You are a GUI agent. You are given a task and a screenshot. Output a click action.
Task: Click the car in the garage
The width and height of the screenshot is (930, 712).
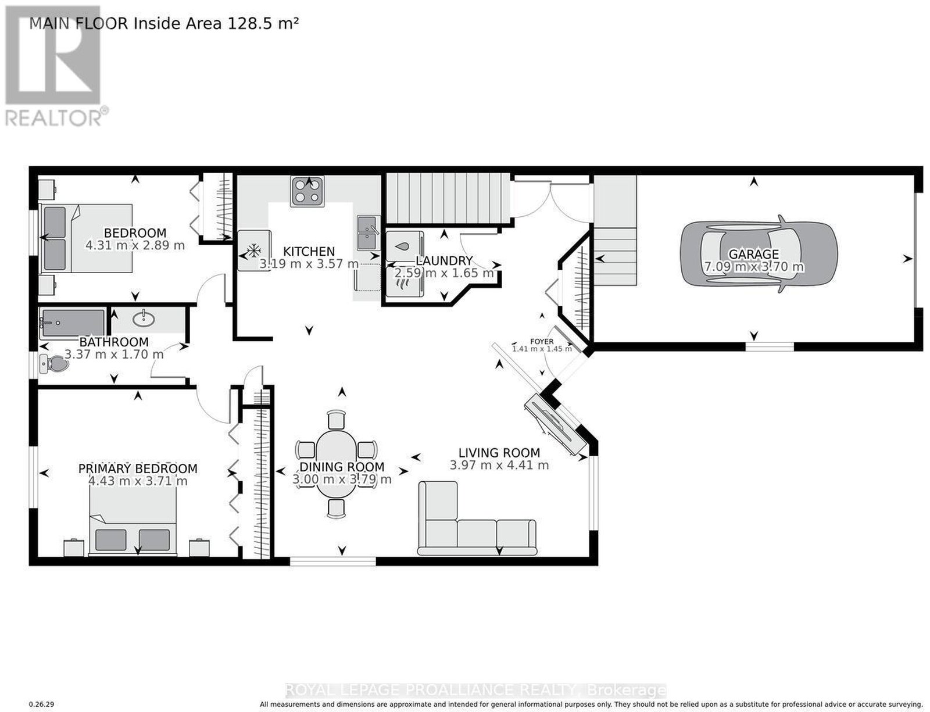759,254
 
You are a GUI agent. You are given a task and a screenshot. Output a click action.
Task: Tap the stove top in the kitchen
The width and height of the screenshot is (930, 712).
307,191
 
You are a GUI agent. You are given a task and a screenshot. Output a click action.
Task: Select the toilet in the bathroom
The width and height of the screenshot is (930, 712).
55,364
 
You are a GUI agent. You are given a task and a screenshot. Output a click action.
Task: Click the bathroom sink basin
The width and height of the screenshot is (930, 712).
144,319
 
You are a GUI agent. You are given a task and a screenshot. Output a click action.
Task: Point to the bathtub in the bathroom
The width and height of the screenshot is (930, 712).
72,323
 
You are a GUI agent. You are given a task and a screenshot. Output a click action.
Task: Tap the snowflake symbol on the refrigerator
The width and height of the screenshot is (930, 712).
254,250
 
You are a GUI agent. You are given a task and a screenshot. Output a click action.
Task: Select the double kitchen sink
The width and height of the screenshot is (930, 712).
368,232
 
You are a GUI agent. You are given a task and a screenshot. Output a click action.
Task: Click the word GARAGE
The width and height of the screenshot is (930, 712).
753,255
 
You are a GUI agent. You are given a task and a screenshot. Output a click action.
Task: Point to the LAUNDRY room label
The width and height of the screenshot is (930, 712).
444,260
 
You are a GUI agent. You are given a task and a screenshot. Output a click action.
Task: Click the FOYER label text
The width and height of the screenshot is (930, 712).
542,341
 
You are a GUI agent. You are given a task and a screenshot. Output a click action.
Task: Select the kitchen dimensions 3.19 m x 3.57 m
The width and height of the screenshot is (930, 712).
309,263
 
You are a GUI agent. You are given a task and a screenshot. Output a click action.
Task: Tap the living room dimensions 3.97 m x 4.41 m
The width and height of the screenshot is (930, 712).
499,465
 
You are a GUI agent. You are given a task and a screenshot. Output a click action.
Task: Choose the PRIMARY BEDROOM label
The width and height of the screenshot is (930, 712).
138,468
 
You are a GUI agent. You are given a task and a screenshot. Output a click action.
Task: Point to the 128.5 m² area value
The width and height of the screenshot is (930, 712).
263,23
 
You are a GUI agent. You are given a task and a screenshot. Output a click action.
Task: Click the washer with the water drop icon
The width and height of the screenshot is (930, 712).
405,246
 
